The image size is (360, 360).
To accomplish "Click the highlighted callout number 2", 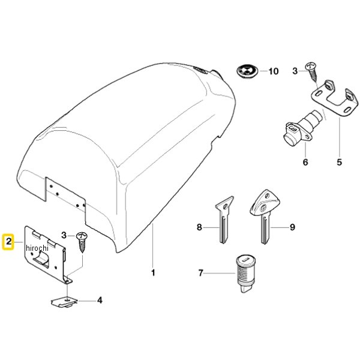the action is pos(8,242).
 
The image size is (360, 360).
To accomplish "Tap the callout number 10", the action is pos(273,71).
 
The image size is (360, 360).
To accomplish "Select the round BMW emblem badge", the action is pos(247,71).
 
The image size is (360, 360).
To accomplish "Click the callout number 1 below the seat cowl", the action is pos(153,272).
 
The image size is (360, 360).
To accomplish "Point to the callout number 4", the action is pos(100,301).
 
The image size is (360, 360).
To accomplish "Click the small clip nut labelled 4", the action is pos(64,302).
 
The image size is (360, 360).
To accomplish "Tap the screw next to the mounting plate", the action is pos(82,242).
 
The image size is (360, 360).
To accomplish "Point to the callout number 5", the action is pos(340,162).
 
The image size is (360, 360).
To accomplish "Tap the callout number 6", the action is pos(305,162).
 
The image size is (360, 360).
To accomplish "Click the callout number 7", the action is pos(201,273).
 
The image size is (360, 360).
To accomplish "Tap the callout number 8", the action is pos(199,227).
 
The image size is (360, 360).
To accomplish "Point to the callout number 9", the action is pos(292,227).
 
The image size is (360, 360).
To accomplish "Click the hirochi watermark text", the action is pos(37,248).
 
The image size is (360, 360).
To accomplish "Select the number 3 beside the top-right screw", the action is pos(295,71).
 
